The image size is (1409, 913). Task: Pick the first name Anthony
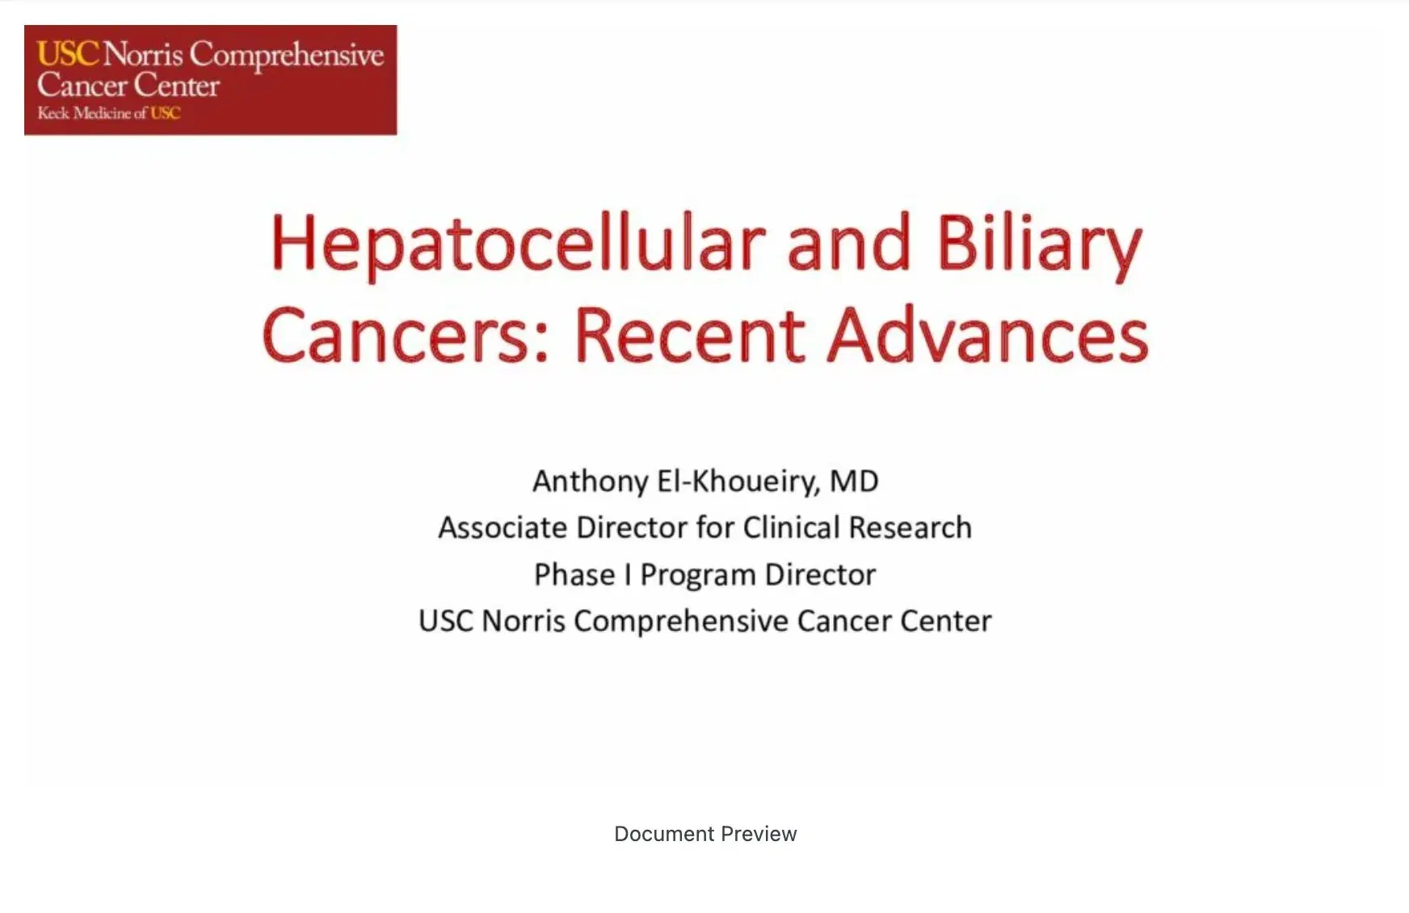pos(590,482)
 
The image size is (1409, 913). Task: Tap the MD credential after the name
pos(854,482)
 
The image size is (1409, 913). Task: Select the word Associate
pos(503,528)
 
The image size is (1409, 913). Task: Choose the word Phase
pos(574,574)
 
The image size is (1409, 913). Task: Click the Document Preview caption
pos(705,834)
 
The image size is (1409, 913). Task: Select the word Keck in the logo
pos(53,113)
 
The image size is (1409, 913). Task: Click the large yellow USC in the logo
pos(68,54)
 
